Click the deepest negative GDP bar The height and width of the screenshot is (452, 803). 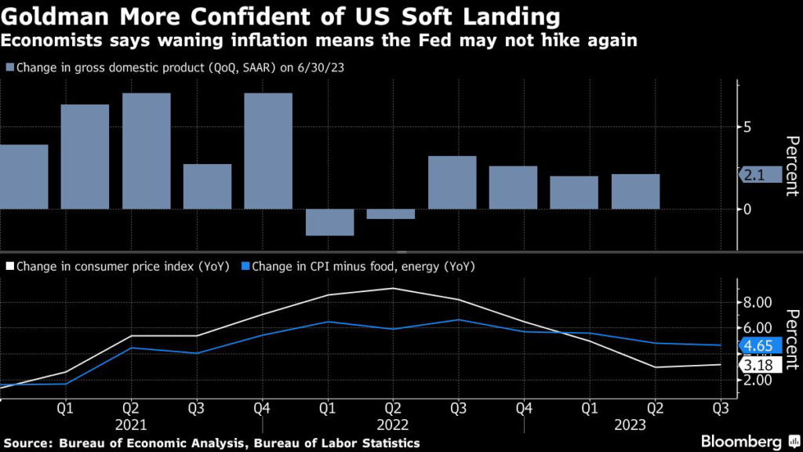pos(329,222)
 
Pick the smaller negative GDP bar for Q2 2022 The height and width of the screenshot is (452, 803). pos(391,213)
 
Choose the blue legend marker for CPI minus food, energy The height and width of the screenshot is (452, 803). pos(245,266)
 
